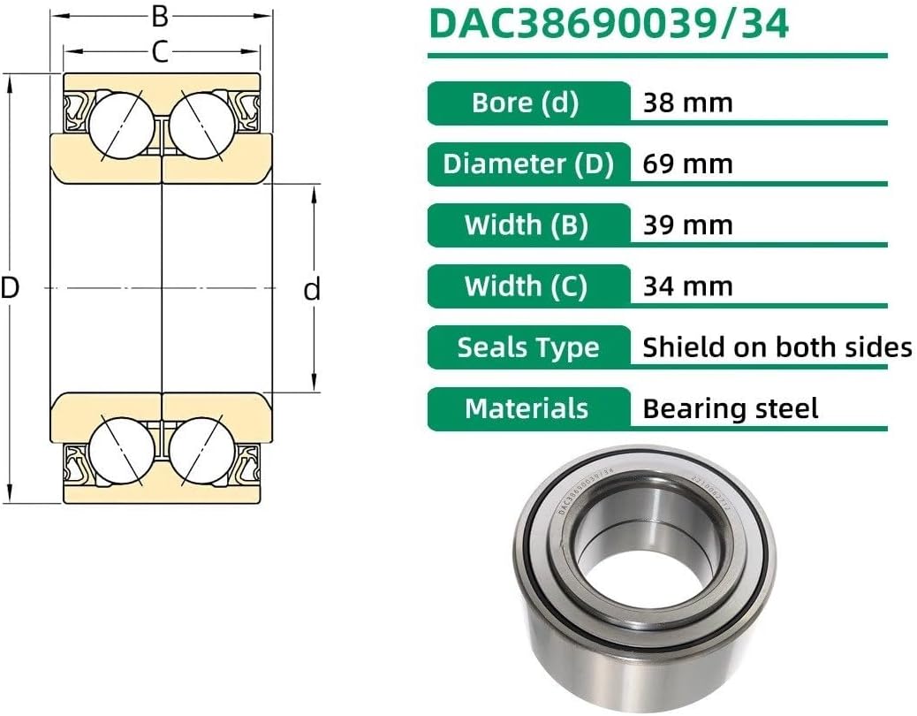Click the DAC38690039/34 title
[x=609, y=24]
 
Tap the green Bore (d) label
[x=526, y=103]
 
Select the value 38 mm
[x=687, y=103]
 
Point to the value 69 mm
[x=687, y=164]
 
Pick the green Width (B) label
[x=527, y=225]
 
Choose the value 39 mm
[x=687, y=225]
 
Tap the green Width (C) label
[x=527, y=286]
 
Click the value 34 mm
[x=687, y=286]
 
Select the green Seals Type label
[x=527, y=347]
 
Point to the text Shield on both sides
[x=777, y=347]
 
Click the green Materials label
[x=527, y=408]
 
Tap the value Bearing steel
[x=731, y=408]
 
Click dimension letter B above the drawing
[x=160, y=15]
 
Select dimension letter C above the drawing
[x=160, y=52]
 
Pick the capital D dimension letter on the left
[x=10, y=287]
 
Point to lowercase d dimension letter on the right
[x=312, y=289]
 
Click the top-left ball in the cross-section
[x=123, y=125]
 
